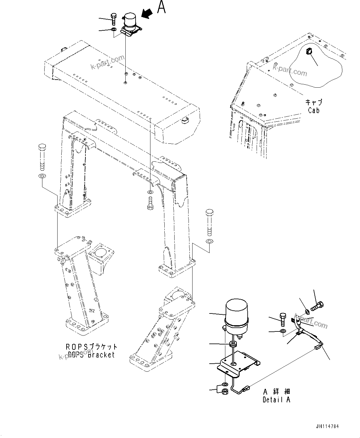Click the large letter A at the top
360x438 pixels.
tap(161, 7)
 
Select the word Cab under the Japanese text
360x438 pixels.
tap(314, 110)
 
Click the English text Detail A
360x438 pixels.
tap(276, 400)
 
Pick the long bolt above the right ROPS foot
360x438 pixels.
tap(209, 222)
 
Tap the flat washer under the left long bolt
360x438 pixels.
tap(42, 176)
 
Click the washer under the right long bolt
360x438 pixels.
tap(209, 241)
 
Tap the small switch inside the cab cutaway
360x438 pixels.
tap(308, 51)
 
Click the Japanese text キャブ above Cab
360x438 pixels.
tap(314, 103)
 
